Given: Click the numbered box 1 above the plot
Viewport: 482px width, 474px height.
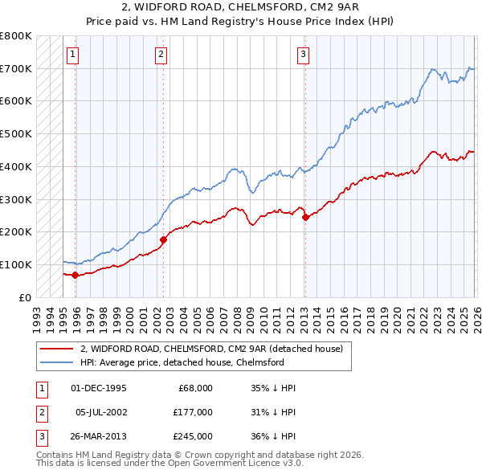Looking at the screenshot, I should coord(73,55).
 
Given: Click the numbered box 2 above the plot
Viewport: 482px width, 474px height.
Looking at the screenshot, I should coord(161,55).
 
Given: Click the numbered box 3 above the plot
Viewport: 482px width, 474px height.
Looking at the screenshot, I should coord(303,55).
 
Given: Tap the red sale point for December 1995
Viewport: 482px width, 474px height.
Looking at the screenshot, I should coord(75,275).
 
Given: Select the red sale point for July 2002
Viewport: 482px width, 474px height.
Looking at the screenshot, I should coord(163,239).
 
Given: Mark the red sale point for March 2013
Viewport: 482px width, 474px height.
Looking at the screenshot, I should coord(305,217).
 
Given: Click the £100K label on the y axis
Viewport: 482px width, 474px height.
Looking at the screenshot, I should coord(16,264).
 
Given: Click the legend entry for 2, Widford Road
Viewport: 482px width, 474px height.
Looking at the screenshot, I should coord(212,349).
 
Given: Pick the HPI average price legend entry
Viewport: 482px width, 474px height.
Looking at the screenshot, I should coord(182,362).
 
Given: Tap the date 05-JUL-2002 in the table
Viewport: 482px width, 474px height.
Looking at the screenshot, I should coord(100,412).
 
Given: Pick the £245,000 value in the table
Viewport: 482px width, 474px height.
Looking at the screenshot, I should coord(192,436).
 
